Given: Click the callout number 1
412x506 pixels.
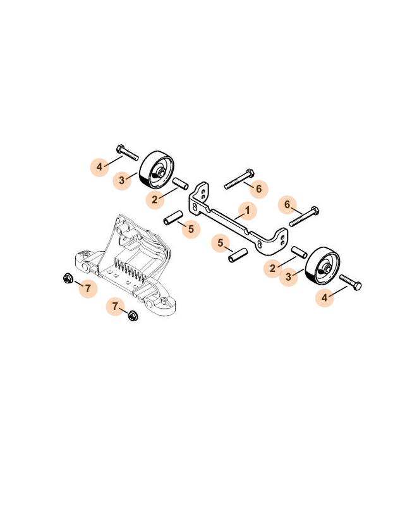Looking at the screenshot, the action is tap(247, 211).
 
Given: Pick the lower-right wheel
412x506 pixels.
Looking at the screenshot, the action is tap(323, 266).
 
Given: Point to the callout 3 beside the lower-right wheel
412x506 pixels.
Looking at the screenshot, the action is tap(289, 276).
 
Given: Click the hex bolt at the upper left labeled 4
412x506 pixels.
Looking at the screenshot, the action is tap(127, 152).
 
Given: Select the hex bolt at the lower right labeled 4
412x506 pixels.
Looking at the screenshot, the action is tap(350, 282).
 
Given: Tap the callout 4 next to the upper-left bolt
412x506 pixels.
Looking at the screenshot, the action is tap(99, 167).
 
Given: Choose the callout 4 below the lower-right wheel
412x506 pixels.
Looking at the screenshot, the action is tap(325, 297).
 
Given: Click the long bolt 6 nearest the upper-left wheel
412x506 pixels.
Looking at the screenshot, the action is tap(239, 178).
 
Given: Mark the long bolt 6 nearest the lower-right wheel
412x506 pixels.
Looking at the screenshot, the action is tap(304, 216).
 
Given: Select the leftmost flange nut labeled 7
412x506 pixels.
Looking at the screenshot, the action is tap(68, 278).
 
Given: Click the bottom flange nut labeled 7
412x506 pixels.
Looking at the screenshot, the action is tap(132, 316).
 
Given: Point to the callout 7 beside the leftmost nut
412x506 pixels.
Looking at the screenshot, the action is tap(88, 288).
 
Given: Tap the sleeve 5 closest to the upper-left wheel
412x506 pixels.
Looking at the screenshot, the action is tap(173, 218).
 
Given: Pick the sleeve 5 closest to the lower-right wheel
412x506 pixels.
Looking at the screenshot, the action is tap(238, 255).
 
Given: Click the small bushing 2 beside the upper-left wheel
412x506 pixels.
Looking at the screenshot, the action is tap(181, 183).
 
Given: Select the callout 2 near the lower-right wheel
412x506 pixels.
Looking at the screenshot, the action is tap(273, 268).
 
